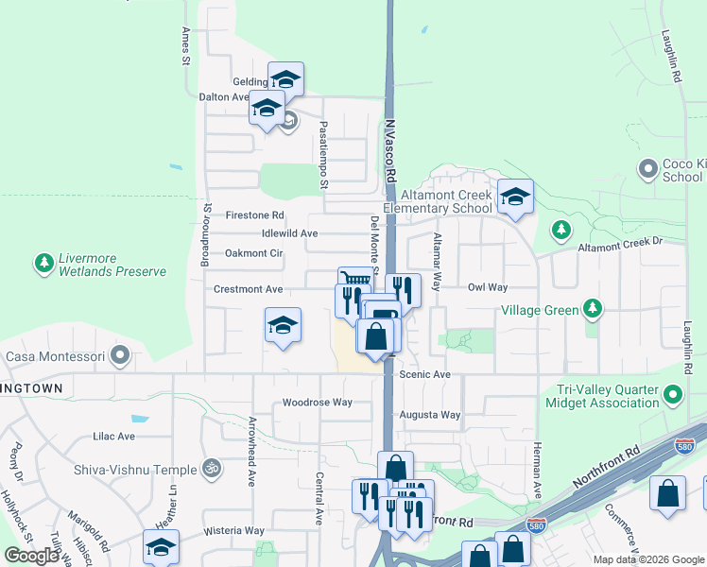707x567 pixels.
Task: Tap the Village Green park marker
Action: point(593,308)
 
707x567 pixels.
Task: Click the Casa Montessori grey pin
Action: point(120,356)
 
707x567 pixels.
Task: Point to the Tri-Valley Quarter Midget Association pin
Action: point(673,394)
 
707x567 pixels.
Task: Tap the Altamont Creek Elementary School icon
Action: point(515,197)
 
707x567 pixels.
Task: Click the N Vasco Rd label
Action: point(389,150)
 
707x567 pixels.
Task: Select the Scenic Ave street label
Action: point(424,374)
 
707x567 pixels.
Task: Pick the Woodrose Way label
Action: point(317,403)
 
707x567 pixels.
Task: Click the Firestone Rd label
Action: point(254,215)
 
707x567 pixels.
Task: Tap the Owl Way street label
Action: point(488,286)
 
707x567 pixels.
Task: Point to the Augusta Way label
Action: point(430,415)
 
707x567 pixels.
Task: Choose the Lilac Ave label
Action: point(113,437)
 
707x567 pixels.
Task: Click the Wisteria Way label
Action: point(233,530)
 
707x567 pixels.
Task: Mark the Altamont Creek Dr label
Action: point(620,243)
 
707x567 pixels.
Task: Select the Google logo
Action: point(32,555)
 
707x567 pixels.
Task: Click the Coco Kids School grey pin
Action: point(647,169)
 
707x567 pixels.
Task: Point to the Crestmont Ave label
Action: point(249,289)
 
